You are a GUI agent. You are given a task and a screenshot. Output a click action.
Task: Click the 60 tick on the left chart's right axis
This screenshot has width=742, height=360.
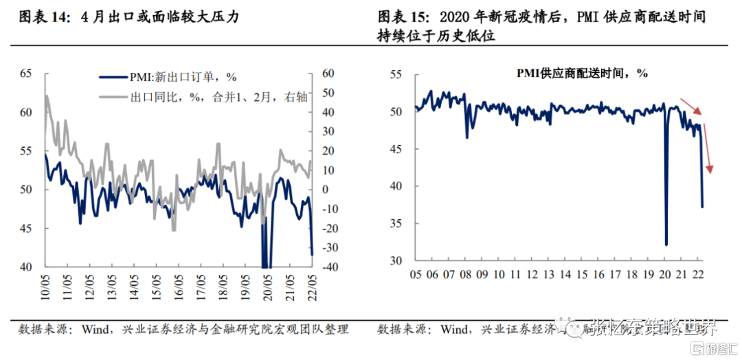click(328, 73)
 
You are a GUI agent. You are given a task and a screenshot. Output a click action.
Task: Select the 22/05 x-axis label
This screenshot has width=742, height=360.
click(311, 284)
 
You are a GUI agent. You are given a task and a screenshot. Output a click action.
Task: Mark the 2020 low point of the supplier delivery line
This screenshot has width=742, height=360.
click(666, 244)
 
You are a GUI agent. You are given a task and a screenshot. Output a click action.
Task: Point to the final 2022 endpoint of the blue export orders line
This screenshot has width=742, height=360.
click(313, 255)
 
